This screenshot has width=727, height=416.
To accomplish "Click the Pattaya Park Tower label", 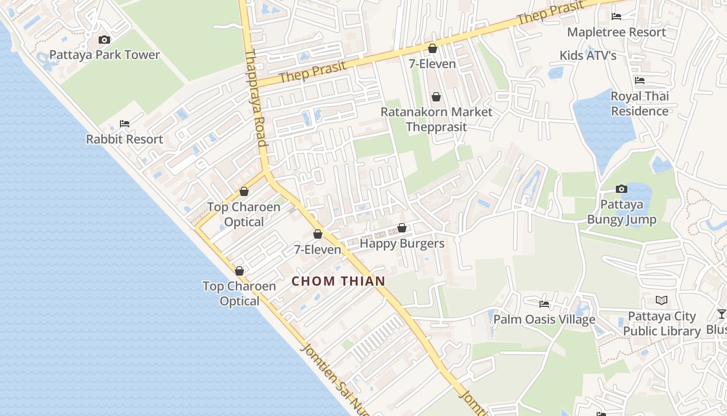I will pyautogui.click(x=104, y=55).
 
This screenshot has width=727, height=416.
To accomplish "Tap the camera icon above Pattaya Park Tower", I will pyautogui.click(x=104, y=40).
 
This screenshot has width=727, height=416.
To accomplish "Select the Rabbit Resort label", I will pyautogui.click(x=125, y=139).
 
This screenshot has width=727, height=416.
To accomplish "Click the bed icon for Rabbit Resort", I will pyautogui.click(x=125, y=124).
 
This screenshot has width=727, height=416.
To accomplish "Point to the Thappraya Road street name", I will pyautogui.click(x=255, y=99).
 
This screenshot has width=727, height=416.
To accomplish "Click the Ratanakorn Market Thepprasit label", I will pyautogui.click(x=436, y=119).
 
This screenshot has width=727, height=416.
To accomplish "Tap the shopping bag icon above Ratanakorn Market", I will pyautogui.click(x=436, y=97).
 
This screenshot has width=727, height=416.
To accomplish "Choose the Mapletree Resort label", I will pyautogui.click(x=616, y=32).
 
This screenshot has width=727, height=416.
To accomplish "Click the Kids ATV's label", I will pyautogui.click(x=588, y=56).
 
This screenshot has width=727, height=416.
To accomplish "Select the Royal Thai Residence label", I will pyautogui.click(x=640, y=103).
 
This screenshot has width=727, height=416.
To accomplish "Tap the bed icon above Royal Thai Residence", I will pyautogui.click(x=640, y=81).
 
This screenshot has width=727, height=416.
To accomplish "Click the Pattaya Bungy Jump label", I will pyautogui.click(x=622, y=212).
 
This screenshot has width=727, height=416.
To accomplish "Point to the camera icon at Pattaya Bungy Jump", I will pyautogui.click(x=622, y=189).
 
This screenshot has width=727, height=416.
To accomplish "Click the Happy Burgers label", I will pyautogui.click(x=402, y=243).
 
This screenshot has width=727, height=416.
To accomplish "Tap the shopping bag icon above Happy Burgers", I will pyautogui.click(x=401, y=228).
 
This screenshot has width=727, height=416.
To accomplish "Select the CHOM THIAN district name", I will pyautogui.click(x=339, y=281).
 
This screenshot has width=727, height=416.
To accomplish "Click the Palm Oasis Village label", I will pyautogui.click(x=544, y=319).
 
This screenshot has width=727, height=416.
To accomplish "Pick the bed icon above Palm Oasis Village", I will pyautogui.click(x=544, y=304).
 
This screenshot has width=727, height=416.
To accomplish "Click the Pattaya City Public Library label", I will pyautogui.click(x=662, y=323).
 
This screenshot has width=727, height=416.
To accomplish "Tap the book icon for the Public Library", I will pyautogui.click(x=662, y=301).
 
